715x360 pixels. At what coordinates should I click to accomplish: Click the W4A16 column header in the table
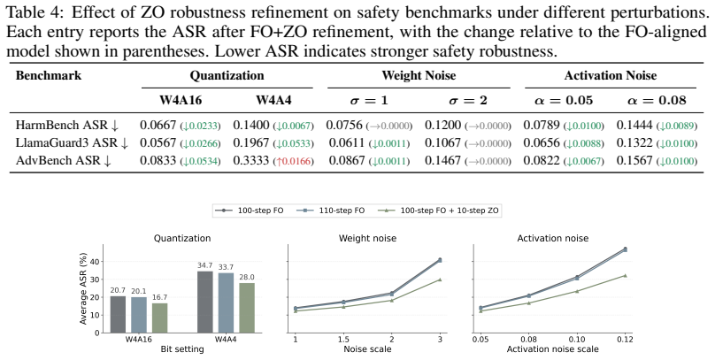[181, 100]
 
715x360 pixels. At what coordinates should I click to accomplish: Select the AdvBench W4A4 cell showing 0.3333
[250, 160]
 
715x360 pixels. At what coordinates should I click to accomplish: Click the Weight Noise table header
[419, 75]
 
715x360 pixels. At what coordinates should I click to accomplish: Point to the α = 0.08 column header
[657, 100]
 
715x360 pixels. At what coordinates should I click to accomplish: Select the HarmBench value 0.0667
[158, 125]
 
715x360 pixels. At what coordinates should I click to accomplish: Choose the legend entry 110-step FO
[331, 211]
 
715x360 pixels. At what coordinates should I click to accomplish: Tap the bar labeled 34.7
[205, 303]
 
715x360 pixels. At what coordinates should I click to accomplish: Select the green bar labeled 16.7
[160, 318]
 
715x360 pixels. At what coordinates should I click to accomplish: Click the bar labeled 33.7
[227, 303]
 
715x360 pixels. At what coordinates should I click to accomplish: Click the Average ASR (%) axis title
[83, 289]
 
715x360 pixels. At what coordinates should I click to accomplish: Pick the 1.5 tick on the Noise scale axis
[343, 340]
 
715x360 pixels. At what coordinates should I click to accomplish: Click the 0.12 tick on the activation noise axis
[625, 340]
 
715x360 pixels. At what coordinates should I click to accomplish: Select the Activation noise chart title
[553, 238]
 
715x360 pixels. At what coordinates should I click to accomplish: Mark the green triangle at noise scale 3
[440, 280]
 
